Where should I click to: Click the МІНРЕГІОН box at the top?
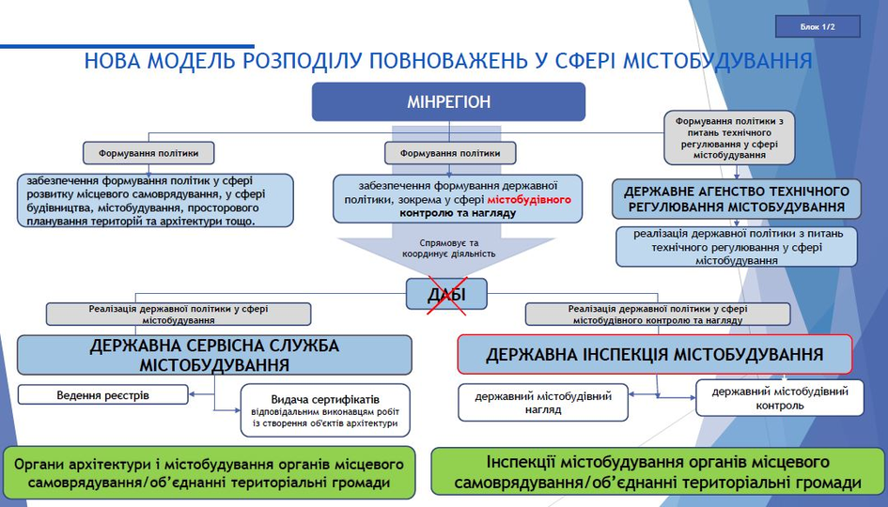click(x=448, y=101)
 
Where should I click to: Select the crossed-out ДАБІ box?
click(x=446, y=295)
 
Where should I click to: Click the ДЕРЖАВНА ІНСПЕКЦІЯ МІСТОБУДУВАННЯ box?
click(x=654, y=355)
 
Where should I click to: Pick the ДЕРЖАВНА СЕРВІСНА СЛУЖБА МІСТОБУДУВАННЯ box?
click(x=214, y=355)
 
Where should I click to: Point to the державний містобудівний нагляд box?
click(x=543, y=403)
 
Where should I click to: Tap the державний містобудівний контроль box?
click(x=779, y=398)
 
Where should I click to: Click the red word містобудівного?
click(x=542, y=200)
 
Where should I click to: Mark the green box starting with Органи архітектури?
click(x=210, y=473)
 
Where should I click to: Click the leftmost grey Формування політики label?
click(x=148, y=152)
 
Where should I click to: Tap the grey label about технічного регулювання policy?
click(x=728, y=137)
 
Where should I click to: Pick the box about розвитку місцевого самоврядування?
click(x=155, y=200)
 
